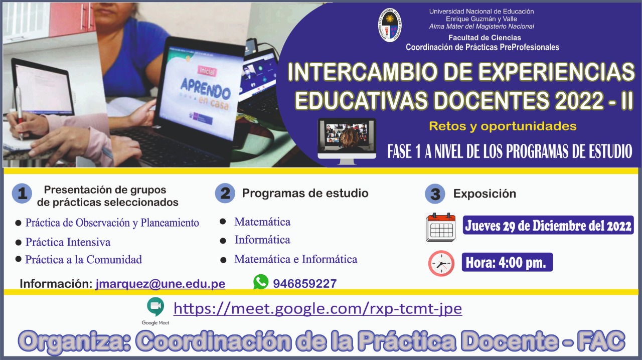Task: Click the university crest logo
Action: [390, 25]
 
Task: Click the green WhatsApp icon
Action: [261, 282]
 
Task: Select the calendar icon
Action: [440, 227]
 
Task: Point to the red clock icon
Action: [441, 263]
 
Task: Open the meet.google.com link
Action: [317, 309]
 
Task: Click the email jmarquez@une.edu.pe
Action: [160, 284]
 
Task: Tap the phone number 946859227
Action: [304, 284]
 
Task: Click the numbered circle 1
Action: [22, 194]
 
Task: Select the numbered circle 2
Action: [225, 193]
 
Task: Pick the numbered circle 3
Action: [435, 194]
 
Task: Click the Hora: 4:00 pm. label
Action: [507, 262]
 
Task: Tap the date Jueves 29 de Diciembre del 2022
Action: [548, 226]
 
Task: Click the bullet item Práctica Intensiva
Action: [68, 242]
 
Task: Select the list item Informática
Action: [262, 240]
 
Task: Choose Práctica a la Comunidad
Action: [83, 260]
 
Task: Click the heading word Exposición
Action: [485, 194]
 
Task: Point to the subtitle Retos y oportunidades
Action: [503, 126]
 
